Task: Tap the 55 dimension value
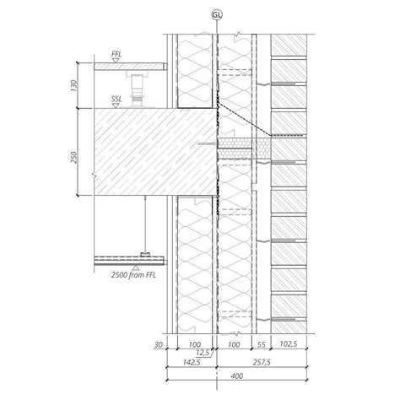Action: [262, 346]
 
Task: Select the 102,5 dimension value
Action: [289, 346]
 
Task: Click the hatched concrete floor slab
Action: [143, 153]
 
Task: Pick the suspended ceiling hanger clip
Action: [145, 253]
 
